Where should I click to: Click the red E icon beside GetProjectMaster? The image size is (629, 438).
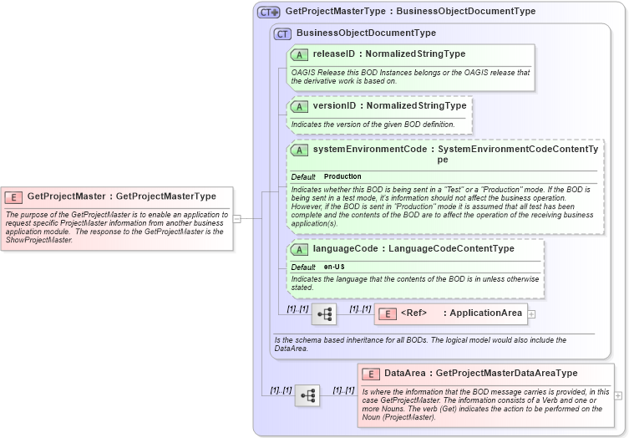[13, 196]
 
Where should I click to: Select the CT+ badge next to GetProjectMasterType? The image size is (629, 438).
[268, 12]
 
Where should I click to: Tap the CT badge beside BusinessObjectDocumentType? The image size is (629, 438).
[282, 33]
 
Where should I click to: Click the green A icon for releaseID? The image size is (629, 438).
[299, 54]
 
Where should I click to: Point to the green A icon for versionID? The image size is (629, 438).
[299, 106]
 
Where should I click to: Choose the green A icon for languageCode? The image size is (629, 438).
[299, 249]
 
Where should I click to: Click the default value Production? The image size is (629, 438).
[342, 176]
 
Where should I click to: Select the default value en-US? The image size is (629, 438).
[335, 267]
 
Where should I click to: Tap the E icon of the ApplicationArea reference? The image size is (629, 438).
[387, 313]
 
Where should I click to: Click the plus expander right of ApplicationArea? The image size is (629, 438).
[531, 314]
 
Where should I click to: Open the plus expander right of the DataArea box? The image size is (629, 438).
[618, 395]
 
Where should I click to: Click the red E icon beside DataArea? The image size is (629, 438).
[370, 373]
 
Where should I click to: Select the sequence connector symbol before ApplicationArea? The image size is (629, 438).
[323, 314]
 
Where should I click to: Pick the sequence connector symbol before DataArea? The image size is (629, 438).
[307, 395]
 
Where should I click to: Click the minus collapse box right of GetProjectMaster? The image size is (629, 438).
[236, 219]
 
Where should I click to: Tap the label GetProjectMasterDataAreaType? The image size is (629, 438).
[506, 373]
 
